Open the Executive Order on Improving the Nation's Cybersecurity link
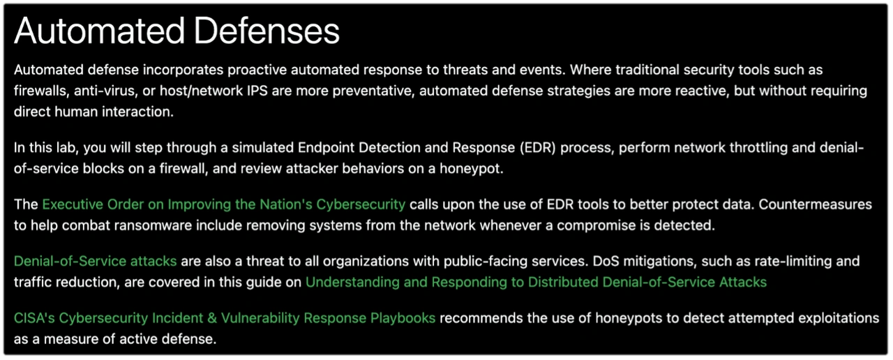(x=223, y=204)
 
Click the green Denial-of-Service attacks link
(x=95, y=262)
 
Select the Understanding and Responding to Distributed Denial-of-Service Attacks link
(x=536, y=283)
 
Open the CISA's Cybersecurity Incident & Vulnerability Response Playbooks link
(x=225, y=318)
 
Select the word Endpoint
(x=328, y=148)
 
